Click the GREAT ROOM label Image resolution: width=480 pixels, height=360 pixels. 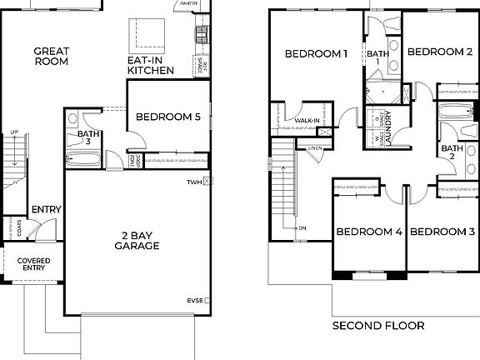tap(51, 56)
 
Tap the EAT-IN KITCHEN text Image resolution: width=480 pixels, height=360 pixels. tap(150, 66)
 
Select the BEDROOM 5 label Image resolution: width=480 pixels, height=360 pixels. tap(167, 117)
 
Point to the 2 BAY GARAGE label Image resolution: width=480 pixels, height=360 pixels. tap(137, 240)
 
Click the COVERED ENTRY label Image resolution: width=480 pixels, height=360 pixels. tap(33, 265)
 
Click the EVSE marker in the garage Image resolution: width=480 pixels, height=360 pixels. tap(195, 299)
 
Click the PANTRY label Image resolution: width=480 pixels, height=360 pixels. tap(187, 3)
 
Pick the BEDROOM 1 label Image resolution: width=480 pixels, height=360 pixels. tap(316, 54)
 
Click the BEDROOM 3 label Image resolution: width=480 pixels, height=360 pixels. tap(442, 231)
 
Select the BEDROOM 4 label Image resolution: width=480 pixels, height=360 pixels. tap(369, 231)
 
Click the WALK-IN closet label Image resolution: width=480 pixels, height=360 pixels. tap(307, 121)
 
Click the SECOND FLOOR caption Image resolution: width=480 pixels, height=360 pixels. tap(377, 326)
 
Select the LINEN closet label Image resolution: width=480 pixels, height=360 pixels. tap(314, 148)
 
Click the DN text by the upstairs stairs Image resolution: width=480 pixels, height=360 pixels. tap(302, 227)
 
